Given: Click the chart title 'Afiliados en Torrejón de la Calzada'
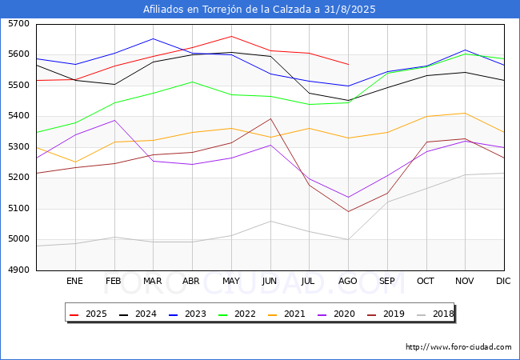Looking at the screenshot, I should coord(259,10).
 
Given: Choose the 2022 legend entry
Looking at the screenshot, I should coord(241,314).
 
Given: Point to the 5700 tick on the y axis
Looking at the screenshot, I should coord(18,24).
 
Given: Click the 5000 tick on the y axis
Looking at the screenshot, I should coord(18,239).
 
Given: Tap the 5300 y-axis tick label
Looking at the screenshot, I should coord(18,147).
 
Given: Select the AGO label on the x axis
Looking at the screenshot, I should coord(348,281).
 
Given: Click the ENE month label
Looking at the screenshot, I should coord(74,281).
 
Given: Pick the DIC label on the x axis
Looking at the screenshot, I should coord(503,281).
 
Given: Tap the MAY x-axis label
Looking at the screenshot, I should coord(230,281).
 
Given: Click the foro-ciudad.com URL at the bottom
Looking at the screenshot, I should coord(458,347).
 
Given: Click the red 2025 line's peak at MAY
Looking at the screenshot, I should coord(231,36).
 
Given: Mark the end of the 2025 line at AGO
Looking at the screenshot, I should coord(348,64).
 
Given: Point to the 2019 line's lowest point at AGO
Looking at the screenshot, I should coord(348,211).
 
